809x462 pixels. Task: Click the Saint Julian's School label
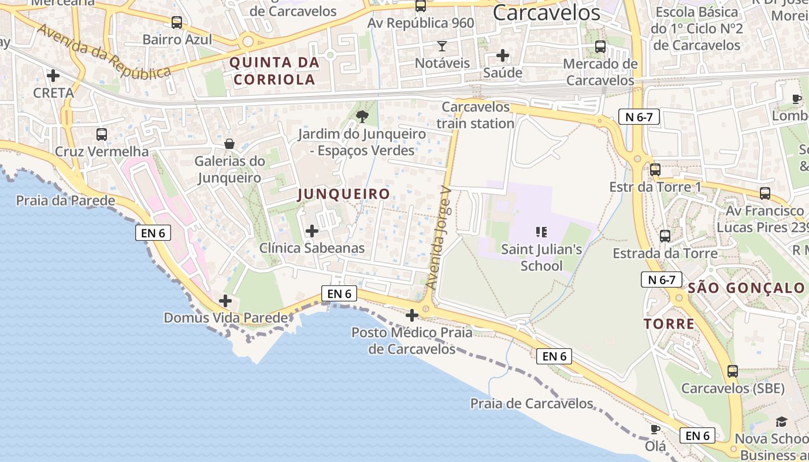[541, 258]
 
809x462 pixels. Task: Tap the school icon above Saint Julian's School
[541, 232]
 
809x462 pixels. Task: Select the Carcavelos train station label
[476, 115]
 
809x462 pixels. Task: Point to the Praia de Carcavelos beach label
[532, 403]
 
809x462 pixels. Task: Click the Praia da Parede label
[66, 201]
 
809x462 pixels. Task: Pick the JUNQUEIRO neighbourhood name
[344, 194]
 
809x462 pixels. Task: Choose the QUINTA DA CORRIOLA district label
[274, 70]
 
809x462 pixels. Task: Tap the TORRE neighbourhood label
[669, 323]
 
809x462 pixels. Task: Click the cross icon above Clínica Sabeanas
[312, 232]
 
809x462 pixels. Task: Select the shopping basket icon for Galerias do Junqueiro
[229, 144]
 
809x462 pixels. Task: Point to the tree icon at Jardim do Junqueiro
[362, 117]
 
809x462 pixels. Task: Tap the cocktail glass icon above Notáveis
[442, 46]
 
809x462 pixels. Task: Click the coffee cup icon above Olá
[655, 429]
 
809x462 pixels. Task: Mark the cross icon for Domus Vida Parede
[225, 301]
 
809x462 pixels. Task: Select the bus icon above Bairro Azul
[177, 23]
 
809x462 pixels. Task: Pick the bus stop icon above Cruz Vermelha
[102, 135]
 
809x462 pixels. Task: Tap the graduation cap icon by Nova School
[781, 422]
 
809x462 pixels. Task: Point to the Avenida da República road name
[105, 52]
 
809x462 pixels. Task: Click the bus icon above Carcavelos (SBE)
[733, 371]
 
